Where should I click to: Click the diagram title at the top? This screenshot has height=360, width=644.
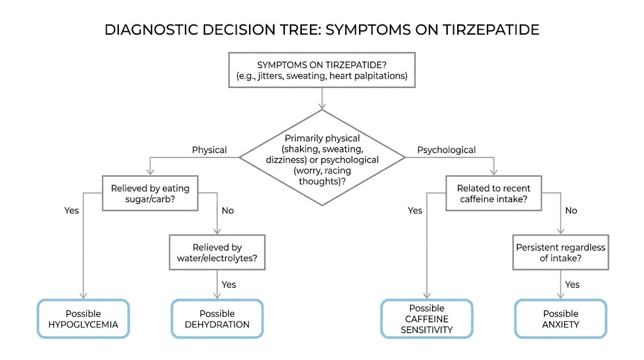(322, 30)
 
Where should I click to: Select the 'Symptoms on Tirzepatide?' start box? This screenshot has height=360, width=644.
(322, 70)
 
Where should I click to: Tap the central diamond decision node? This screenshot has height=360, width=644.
(322, 157)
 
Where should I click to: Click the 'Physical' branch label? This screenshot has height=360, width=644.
(209, 150)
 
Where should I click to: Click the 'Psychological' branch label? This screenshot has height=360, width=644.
(447, 150)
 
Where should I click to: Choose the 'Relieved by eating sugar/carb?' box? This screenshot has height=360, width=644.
(150, 193)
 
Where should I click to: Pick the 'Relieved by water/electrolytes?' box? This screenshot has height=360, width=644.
(217, 253)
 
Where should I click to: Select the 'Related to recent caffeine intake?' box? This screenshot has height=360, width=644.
(494, 193)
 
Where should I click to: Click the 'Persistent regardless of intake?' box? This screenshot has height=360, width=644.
(560, 253)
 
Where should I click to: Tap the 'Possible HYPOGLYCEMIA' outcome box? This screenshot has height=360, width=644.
(83, 319)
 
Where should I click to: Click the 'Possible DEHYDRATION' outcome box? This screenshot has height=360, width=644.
(217, 319)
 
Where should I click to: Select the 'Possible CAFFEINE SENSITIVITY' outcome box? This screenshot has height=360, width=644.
(426, 319)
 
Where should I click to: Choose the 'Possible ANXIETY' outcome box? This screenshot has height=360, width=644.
(560, 319)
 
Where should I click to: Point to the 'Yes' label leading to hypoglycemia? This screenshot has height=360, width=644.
(72, 211)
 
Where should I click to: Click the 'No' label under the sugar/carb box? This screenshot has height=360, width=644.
(228, 211)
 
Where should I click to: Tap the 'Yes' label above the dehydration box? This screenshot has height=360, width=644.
(229, 284)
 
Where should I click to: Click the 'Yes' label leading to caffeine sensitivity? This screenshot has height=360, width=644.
(415, 211)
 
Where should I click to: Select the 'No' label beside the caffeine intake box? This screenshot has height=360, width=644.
(571, 211)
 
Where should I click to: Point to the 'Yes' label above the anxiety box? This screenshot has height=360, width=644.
(572, 284)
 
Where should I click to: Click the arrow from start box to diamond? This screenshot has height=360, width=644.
(322, 98)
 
